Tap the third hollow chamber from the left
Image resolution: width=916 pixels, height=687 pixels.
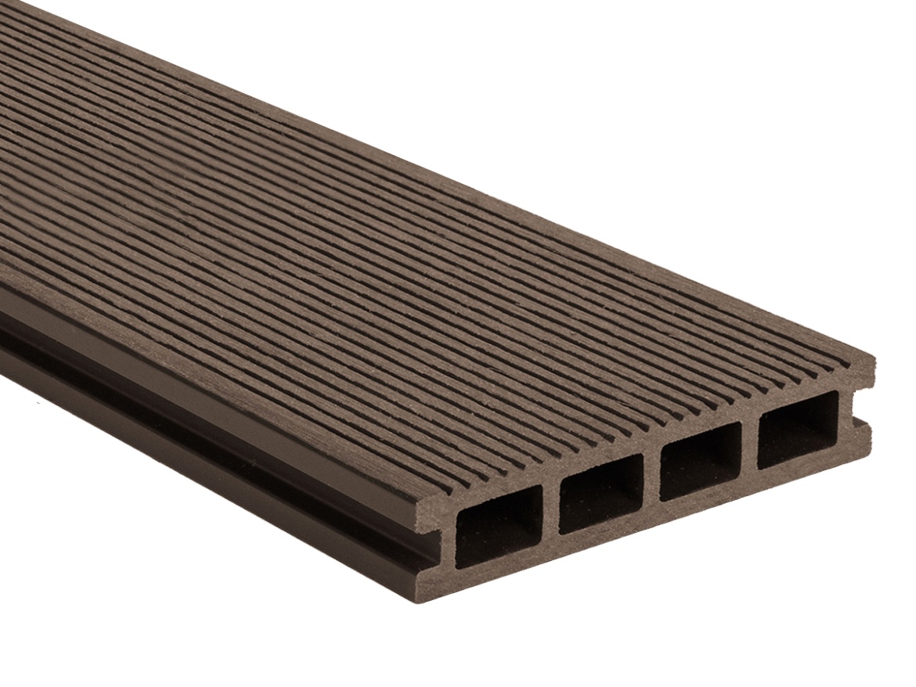click(x=700, y=461)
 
